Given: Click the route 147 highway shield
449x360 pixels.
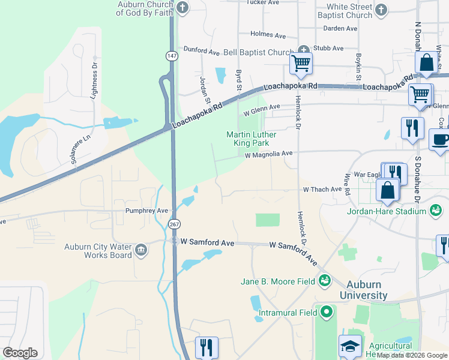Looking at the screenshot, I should click(172, 55).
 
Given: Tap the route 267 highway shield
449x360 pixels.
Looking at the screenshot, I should click(174, 224).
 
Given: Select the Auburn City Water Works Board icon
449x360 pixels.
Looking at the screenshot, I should click(141, 249).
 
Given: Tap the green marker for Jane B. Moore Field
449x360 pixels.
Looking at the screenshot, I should click(325, 280).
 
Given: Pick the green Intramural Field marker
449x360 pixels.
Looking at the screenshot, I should click(327, 311).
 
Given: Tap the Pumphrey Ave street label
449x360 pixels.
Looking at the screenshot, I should click(146, 211).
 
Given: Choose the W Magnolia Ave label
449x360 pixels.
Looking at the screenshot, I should click(268, 154).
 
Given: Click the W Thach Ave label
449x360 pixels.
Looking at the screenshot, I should click(322, 190).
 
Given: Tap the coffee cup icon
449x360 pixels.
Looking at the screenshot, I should click(441, 140).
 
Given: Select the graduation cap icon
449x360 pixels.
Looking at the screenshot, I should click(351, 346).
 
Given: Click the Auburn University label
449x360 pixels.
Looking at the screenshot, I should click(363, 290).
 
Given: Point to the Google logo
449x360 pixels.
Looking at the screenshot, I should click(20, 353).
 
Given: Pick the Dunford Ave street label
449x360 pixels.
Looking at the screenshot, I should click(202, 51).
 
